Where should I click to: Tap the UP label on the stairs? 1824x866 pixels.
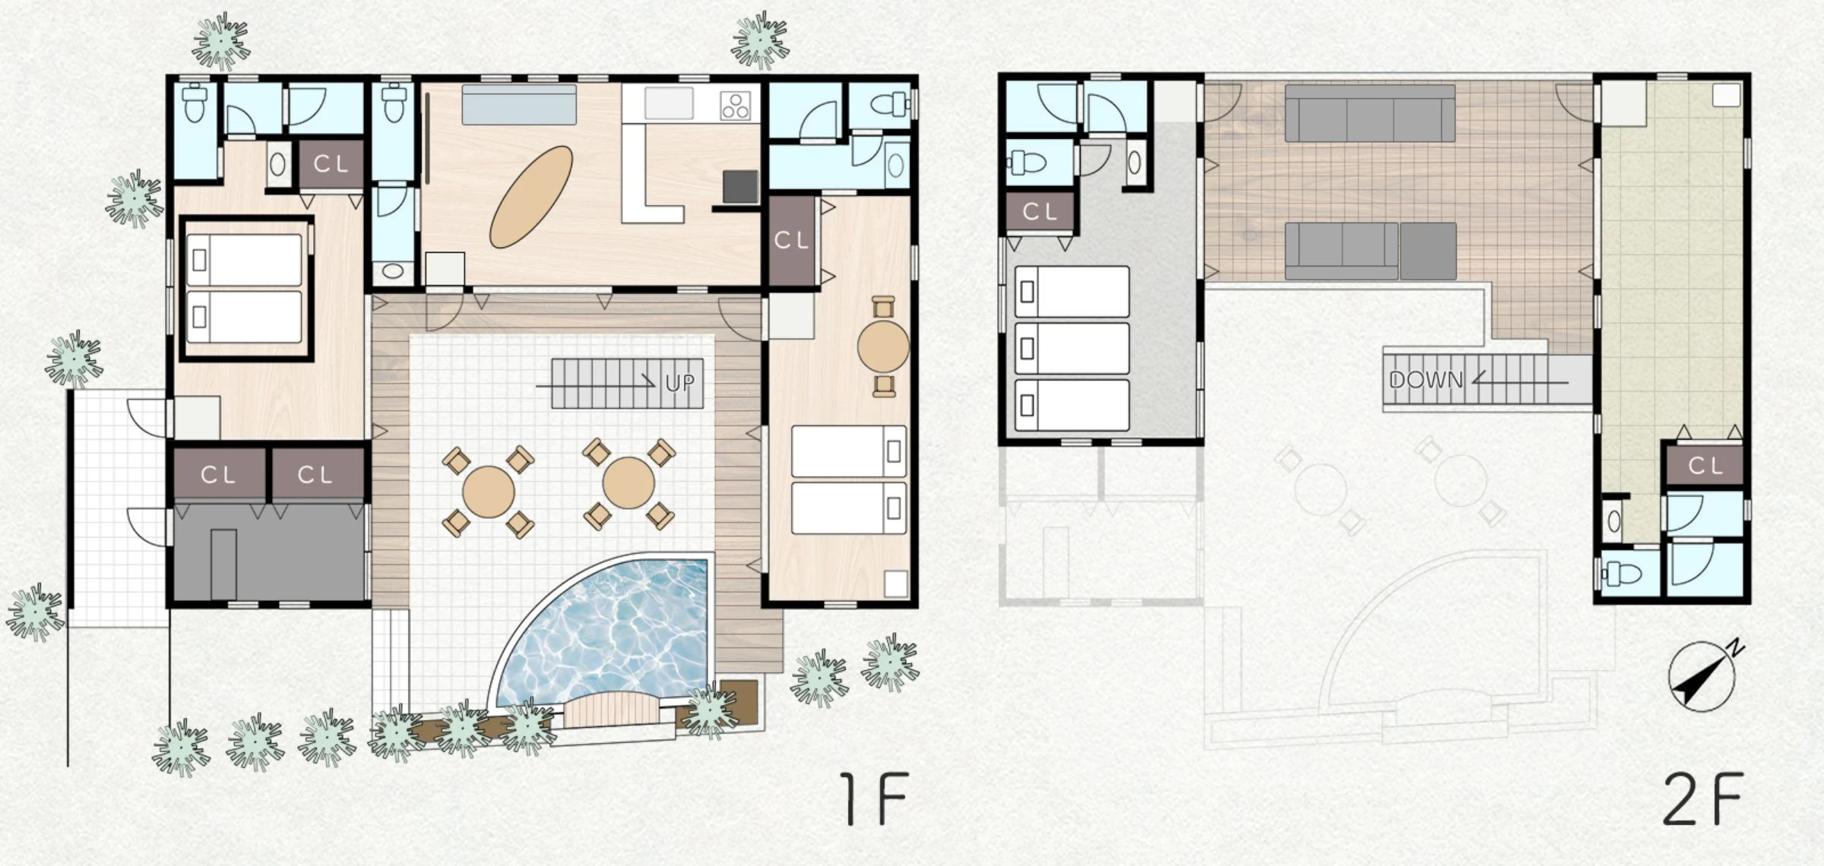(679, 382)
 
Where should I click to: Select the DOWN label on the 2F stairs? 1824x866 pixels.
(1426, 379)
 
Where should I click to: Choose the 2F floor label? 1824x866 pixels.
(1703, 798)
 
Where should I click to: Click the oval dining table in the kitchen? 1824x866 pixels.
(531, 197)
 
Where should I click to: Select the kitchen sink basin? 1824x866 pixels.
(669, 103)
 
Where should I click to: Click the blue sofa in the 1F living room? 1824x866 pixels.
(519, 105)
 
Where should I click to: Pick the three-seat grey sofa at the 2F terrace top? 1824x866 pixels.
(1370, 113)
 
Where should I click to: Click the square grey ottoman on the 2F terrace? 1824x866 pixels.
(1428, 251)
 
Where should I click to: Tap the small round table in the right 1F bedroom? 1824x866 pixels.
(883, 346)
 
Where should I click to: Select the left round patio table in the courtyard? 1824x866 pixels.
(489, 492)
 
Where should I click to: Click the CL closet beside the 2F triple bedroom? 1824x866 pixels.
(1040, 212)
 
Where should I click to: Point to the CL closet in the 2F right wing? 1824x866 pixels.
(1705, 466)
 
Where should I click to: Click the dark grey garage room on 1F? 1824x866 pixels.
(270, 552)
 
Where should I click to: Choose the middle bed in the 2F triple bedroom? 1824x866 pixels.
(1072, 349)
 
